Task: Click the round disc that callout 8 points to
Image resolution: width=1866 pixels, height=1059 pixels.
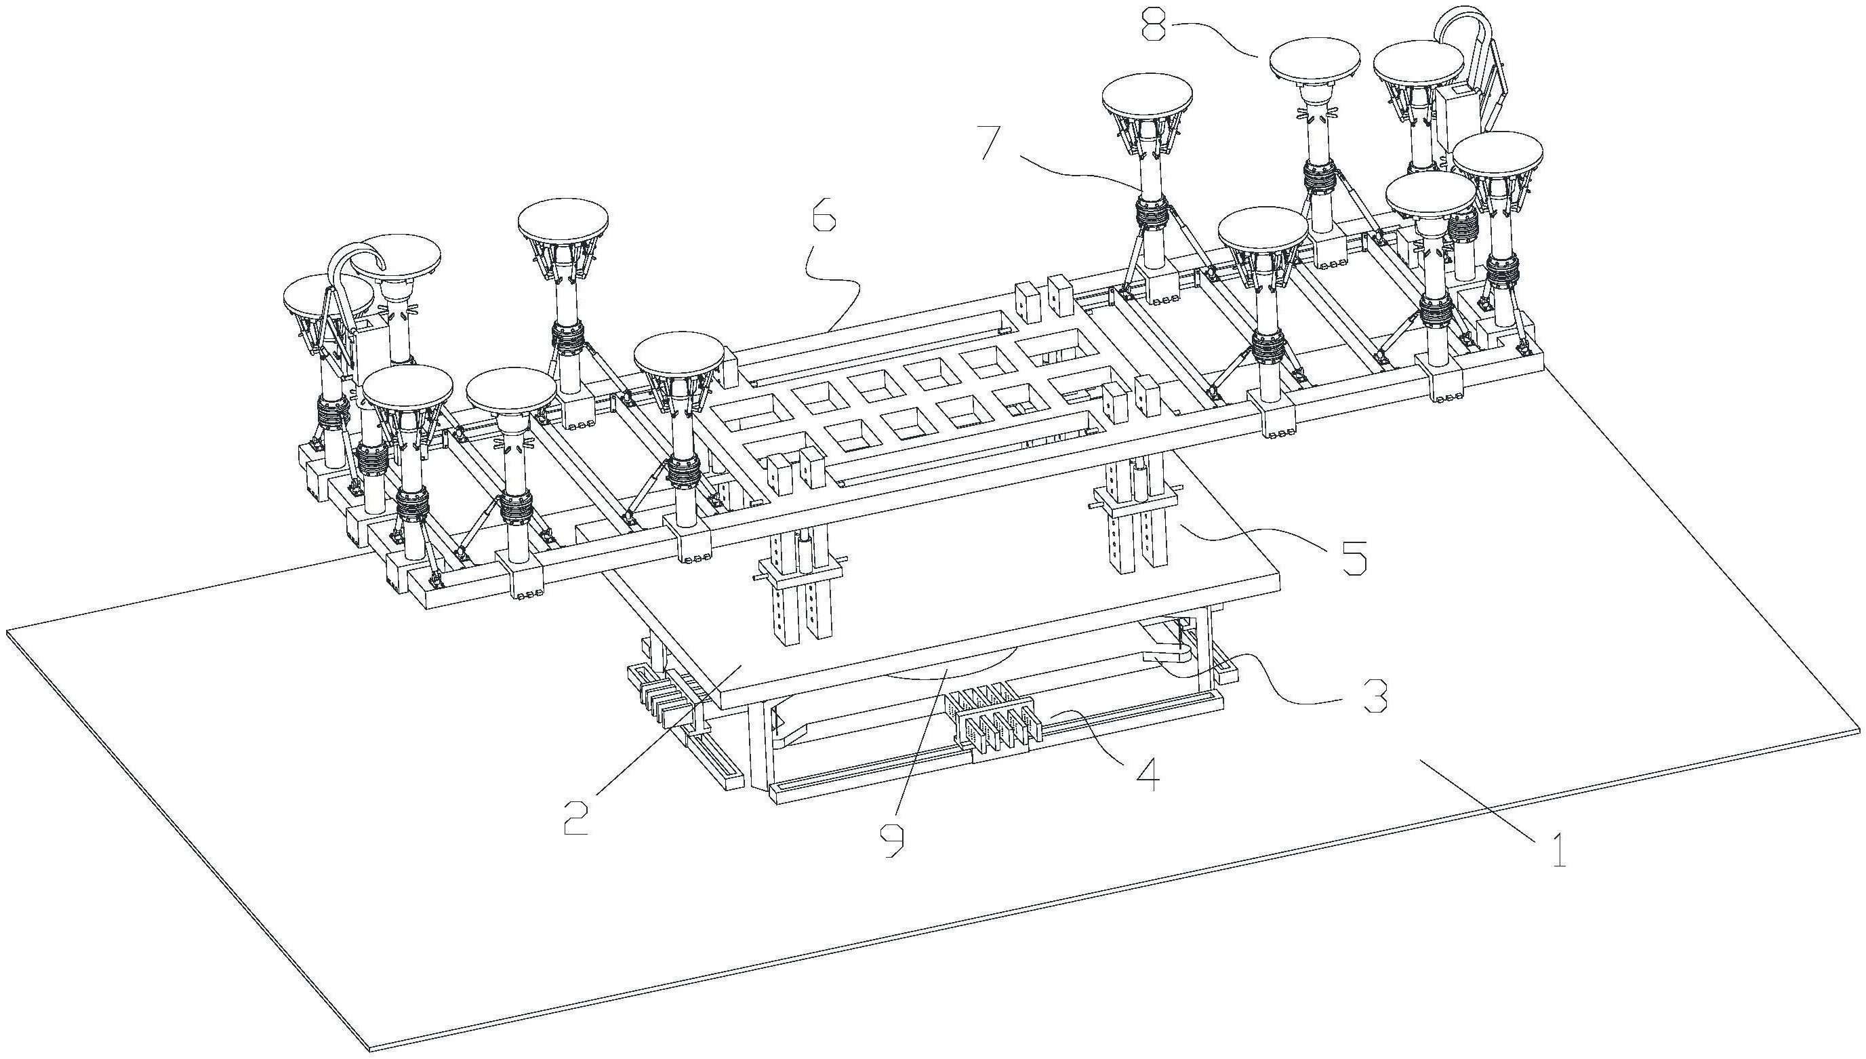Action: pos(1314,60)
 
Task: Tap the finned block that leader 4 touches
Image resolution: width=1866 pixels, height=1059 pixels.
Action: pos(995,716)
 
